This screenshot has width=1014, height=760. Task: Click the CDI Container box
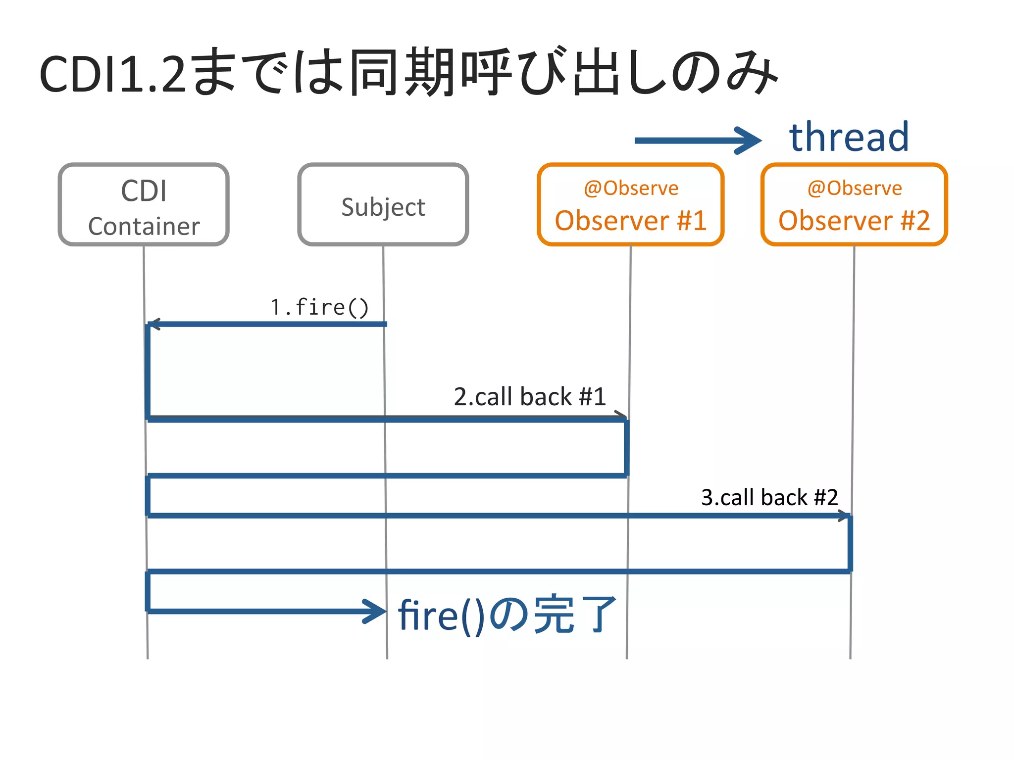pyautogui.click(x=144, y=204)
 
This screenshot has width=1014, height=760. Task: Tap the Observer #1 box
pyautogui.click(x=630, y=204)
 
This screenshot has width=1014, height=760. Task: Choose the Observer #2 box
pyautogui.click(x=854, y=204)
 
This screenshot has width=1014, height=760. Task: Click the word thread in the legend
pyautogui.click(x=849, y=137)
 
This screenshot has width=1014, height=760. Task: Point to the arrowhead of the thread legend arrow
pyautogui.click(x=750, y=141)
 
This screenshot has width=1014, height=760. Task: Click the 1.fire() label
pyautogui.click(x=319, y=307)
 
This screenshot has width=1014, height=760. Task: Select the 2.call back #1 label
pyautogui.click(x=529, y=397)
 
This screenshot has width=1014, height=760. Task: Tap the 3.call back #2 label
pyautogui.click(x=769, y=497)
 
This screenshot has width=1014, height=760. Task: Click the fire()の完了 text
pyautogui.click(x=507, y=615)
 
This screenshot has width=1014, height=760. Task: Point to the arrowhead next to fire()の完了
pyautogui.click(x=375, y=611)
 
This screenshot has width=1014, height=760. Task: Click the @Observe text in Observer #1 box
pyautogui.click(x=631, y=189)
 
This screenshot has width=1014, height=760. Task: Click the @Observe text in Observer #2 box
pyautogui.click(x=854, y=189)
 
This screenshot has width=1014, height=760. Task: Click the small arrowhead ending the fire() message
pyautogui.click(x=154, y=325)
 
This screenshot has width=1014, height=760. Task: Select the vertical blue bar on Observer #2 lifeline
pyautogui.click(x=850, y=543)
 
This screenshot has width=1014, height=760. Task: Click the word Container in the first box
pyautogui.click(x=144, y=227)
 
